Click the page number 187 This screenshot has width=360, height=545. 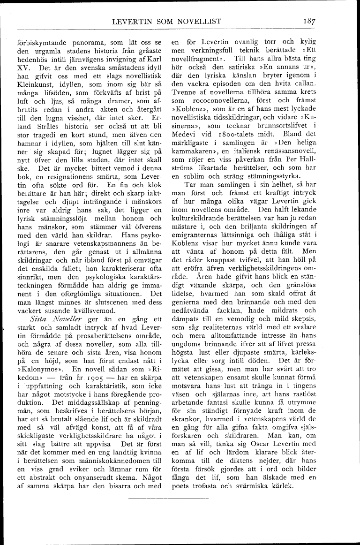309,21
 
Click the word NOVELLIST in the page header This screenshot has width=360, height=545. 194,21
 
